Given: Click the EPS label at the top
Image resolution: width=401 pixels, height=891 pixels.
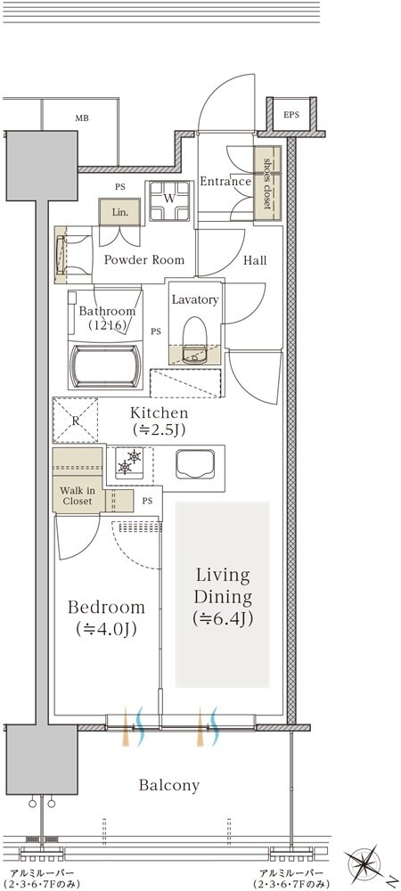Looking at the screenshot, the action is coord(291,115).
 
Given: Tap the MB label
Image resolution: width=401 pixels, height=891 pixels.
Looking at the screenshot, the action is coord(82,119).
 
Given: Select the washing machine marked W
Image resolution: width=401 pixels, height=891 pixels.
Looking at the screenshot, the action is coord(169,200).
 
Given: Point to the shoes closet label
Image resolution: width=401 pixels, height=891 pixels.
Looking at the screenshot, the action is coord(267,184).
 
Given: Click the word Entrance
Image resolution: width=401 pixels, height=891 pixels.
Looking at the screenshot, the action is coord(225,182).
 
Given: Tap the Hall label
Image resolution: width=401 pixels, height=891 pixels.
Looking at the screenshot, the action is coord(255,261).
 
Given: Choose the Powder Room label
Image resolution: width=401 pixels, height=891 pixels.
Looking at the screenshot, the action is coord(144,260).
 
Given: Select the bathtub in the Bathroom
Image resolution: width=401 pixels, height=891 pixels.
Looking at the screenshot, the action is coord(106,366).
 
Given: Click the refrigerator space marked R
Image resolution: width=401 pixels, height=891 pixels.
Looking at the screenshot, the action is coord(75,420).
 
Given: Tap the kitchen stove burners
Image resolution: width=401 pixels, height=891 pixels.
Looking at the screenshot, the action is coord(129,462).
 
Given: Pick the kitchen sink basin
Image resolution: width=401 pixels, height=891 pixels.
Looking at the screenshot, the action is coord(193,465).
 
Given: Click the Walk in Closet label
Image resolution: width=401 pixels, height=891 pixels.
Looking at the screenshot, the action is coord(78,495).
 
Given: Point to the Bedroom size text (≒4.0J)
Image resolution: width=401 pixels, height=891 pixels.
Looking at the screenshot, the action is coord(106,629).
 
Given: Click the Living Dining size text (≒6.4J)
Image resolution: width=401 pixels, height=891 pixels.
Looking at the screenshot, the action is coord(223,618).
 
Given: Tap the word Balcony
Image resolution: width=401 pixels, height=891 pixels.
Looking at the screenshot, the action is coord(169,786).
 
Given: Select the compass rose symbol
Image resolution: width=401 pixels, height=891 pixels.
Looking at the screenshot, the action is coord(367,865).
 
